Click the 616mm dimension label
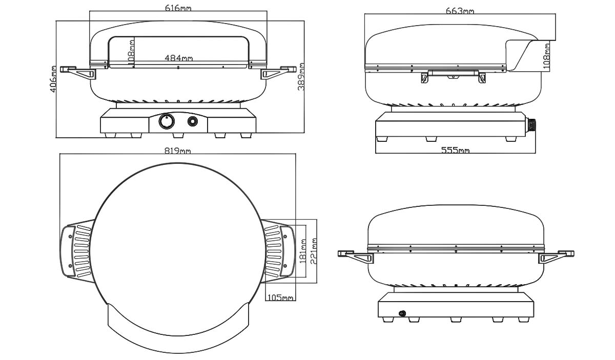pyautogui.click(x=178, y=8)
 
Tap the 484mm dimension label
pyautogui.click(x=179, y=58)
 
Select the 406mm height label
pyautogui.click(x=53, y=79)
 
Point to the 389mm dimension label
pyautogui.click(x=301, y=77)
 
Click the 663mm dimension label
pyautogui.click(x=460, y=11)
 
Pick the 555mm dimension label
pyautogui.click(x=455, y=150)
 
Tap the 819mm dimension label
pyautogui.click(x=177, y=151)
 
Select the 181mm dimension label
pyautogui.click(x=302, y=251)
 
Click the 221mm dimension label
pyautogui.click(x=314, y=251)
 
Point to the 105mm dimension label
pyautogui.click(x=280, y=297)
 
